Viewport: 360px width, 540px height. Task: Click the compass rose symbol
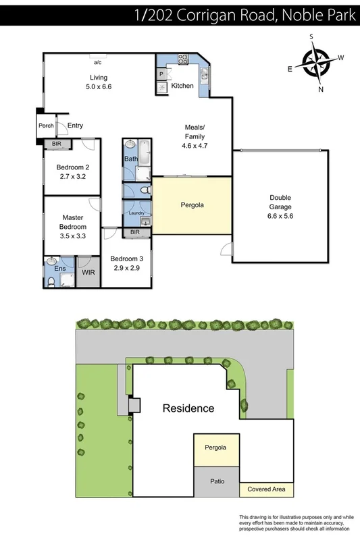tap(316, 62)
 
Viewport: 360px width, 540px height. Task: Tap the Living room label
tap(99, 78)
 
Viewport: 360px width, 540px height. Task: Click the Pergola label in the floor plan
tap(192, 205)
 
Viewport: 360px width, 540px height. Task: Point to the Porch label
tap(46, 126)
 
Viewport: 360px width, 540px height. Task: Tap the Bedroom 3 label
tap(126, 259)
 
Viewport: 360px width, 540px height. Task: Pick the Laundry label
tap(136, 213)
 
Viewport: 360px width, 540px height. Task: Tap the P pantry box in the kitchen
tap(163, 73)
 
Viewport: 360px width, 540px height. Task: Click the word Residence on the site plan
tap(188, 408)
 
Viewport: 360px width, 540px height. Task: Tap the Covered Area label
tap(267, 487)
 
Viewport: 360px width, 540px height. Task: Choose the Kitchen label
tap(182, 86)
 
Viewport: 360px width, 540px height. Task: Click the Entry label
tap(75, 126)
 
